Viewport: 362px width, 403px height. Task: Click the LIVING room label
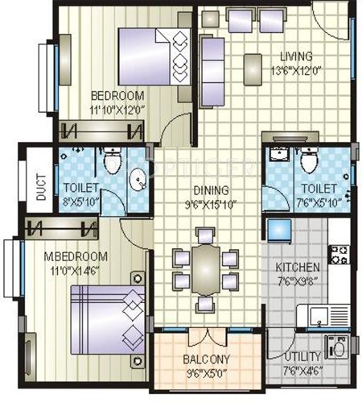(x=295, y=56)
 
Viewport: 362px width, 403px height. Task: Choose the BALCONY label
(x=206, y=359)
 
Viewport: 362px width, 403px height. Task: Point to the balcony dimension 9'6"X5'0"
(x=206, y=372)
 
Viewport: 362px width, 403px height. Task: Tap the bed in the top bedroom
(x=152, y=53)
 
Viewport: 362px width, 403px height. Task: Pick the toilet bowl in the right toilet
(x=306, y=164)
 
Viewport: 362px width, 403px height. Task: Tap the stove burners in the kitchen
(x=339, y=256)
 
